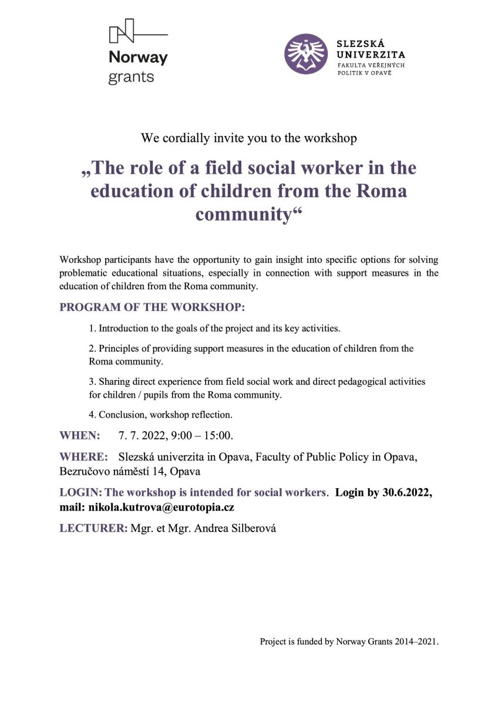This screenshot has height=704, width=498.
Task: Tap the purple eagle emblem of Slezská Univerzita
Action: tap(305, 53)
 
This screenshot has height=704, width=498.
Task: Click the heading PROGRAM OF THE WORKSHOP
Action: tap(152, 307)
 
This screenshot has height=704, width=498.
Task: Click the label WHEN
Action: tap(80, 435)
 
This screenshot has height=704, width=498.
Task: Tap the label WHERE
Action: tap(83, 457)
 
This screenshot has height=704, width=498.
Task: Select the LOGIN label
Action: tap(80, 492)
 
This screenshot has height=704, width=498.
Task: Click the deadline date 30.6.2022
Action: tap(406, 492)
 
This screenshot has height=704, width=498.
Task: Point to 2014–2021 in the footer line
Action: tap(418, 642)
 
